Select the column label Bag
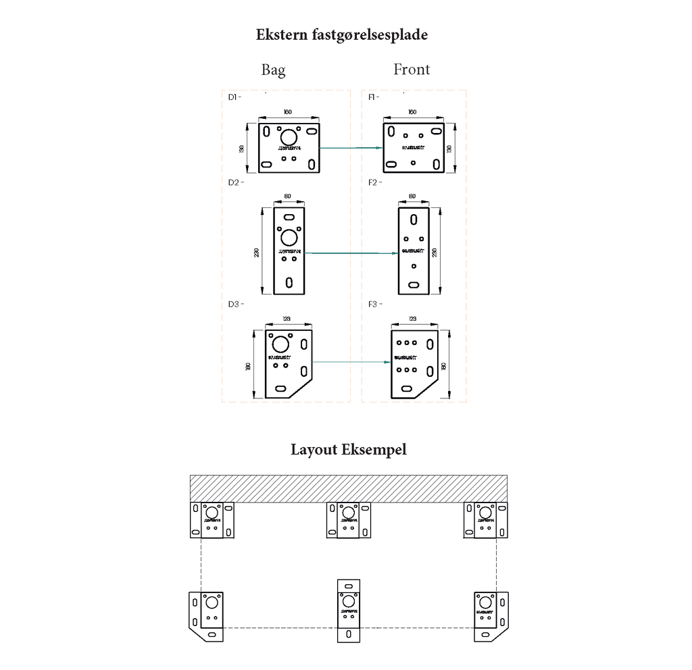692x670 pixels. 273,70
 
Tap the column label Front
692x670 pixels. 412,70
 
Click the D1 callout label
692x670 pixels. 234,97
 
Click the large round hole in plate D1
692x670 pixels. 289,136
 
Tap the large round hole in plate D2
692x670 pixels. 289,237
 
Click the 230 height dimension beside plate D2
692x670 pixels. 257,252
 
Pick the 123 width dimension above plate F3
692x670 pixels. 412,319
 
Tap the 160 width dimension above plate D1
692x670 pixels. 288,112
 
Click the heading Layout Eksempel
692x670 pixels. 349,450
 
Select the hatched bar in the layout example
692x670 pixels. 348,488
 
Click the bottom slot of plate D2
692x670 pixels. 289,282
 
